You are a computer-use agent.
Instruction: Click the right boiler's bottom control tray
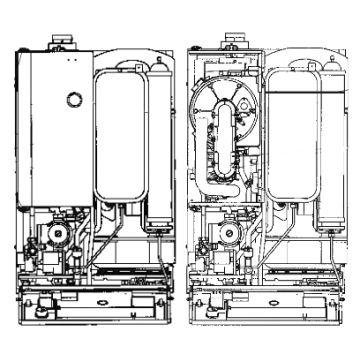(x=262, y=300)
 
